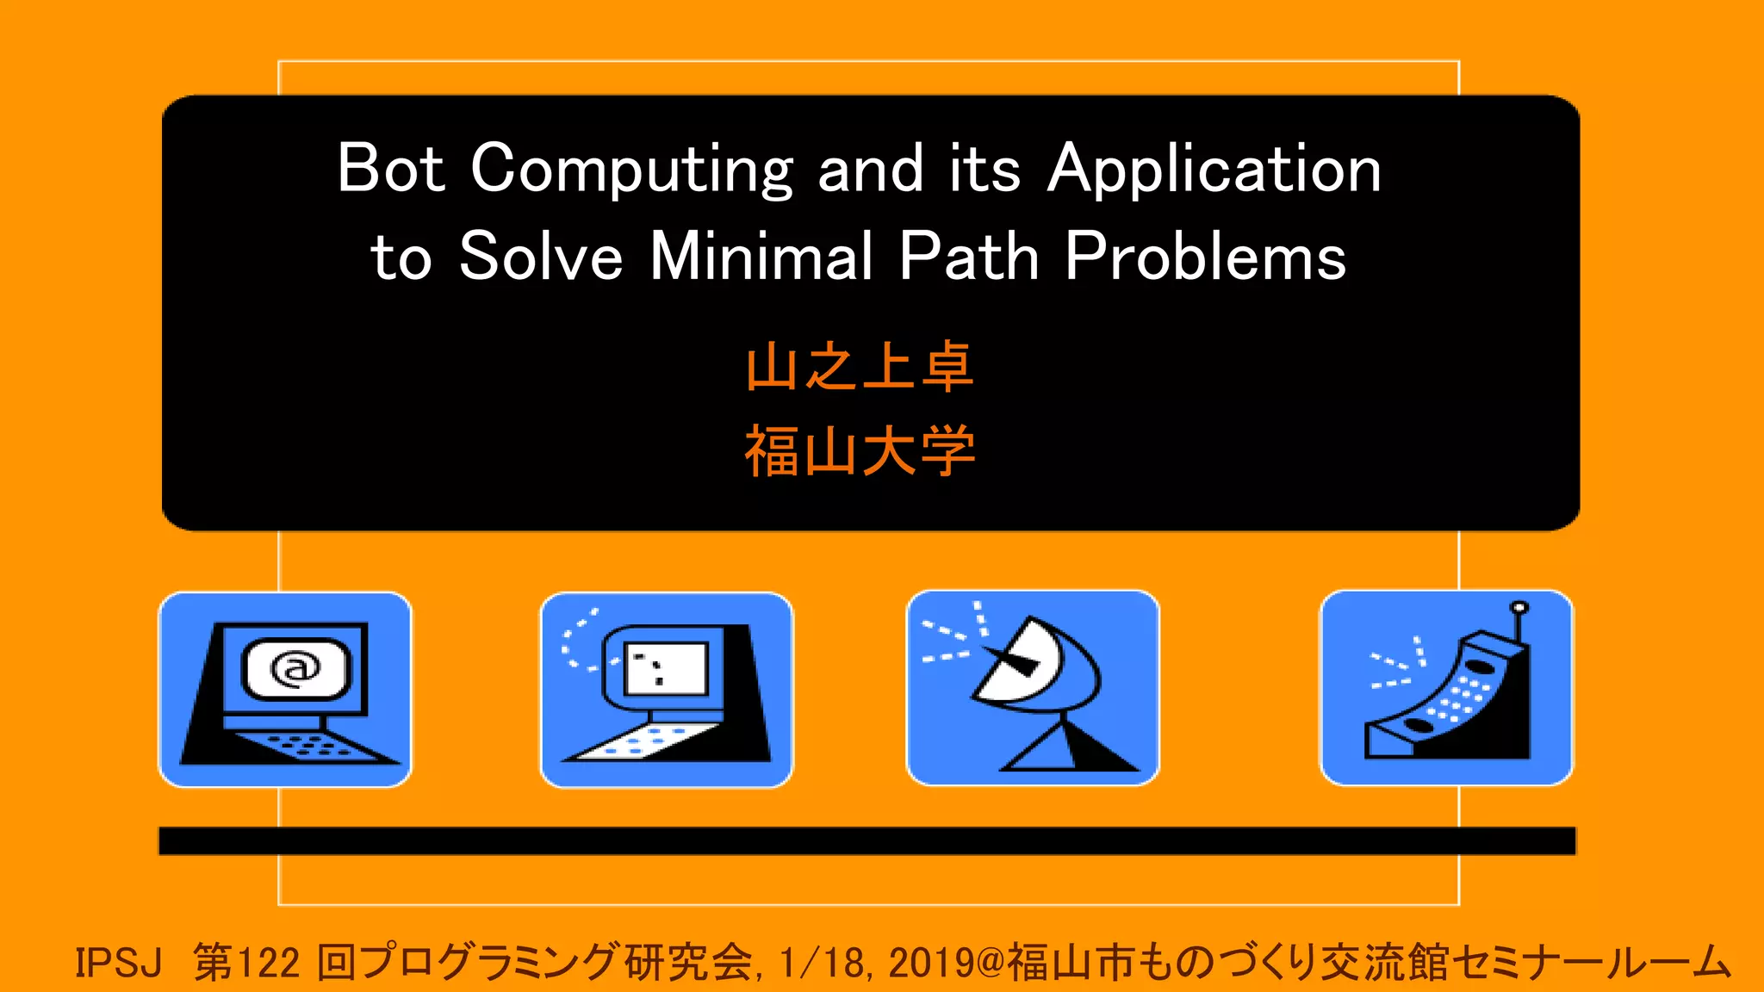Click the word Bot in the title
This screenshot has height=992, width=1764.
[391, 169]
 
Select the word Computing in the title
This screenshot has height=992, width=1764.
[631, 170]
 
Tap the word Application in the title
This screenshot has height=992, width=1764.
[1214, 170]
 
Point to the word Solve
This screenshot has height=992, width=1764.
[540, 257]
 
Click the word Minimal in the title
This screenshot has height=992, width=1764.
[761, 257]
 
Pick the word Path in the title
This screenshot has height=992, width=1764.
[969, 257]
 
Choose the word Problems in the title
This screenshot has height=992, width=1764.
[1205, 257]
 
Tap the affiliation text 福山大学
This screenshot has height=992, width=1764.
[860, 450]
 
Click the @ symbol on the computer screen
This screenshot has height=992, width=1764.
[295, 668]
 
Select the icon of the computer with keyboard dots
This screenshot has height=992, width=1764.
[666, 689]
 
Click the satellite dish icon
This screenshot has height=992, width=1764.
[1033, 688]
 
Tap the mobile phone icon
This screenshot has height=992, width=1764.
[1446, 688]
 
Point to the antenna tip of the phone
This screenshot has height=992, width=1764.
[1520, 607]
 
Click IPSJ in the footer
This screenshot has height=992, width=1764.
[118, 963]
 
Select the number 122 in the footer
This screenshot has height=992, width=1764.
[266, 963]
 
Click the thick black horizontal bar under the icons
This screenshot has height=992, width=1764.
[866, 840]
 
